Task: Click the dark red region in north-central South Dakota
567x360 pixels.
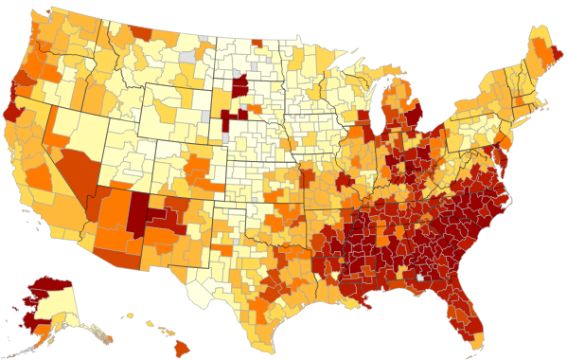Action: (239, 84)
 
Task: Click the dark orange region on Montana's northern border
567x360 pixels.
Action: (141, 32)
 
